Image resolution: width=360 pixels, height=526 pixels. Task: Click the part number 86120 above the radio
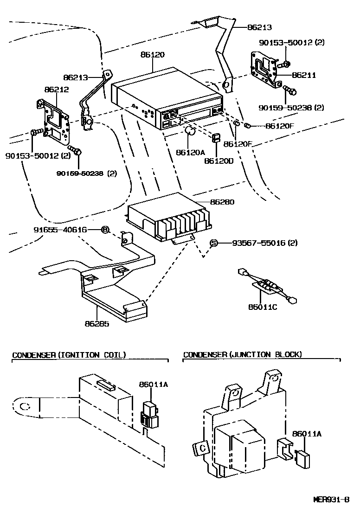(152, 54)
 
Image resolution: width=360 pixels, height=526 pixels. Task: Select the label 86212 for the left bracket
(56, 90)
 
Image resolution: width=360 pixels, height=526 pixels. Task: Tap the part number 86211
(303, 75)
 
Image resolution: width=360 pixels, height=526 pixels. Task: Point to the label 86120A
(190, 152)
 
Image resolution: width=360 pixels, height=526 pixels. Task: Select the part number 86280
(222, 202)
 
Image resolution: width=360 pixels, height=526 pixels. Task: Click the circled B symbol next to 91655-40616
(105, 230)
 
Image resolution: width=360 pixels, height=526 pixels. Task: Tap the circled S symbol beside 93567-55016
(214, 243)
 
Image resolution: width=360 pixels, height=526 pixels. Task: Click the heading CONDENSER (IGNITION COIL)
(69, 355)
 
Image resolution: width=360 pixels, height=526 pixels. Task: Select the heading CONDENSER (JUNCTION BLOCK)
(242, 355)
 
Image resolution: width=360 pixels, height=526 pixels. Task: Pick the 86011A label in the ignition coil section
(153, 384)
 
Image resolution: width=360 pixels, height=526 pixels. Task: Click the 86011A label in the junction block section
(307, 434)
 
